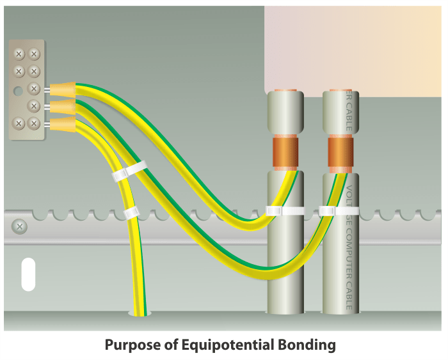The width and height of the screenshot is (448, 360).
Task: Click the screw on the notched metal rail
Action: [x=20, y=226]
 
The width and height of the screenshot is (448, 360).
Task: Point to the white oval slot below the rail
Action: [x=28, y=274]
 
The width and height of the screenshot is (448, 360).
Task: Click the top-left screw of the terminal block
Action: [x=19, y=54]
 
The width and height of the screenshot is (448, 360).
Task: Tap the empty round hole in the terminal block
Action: [x=19, y=89]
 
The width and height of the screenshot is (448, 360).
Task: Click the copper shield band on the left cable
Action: [x=285, y=152]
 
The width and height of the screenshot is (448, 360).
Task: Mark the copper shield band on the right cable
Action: [x=340, y=152]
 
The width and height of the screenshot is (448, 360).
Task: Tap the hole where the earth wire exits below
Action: [x=140, y=313]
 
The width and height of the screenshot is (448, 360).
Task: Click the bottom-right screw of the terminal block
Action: [x=35, y=123]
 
